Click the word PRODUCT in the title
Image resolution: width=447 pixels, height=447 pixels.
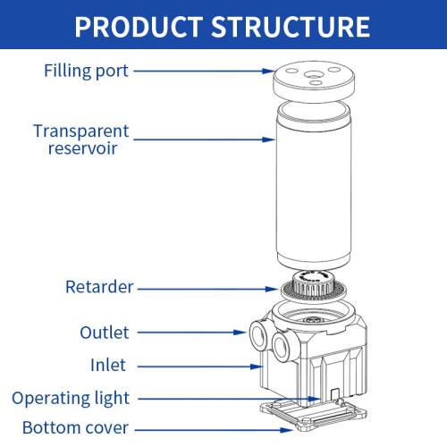139,27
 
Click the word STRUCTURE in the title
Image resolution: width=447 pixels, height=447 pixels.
291,27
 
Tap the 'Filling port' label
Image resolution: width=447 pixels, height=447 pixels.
86,72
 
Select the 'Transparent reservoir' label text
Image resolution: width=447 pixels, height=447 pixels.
81,139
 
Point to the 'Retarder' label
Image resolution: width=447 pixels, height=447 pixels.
99,287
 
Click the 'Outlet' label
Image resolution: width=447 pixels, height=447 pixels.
105,333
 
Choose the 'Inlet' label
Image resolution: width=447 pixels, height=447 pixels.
108,365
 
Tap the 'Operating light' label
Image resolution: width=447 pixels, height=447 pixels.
71,399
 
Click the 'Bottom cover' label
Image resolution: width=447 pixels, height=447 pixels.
75,427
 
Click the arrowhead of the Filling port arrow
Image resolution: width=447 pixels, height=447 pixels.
268,71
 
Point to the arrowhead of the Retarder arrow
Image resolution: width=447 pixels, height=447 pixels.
272,289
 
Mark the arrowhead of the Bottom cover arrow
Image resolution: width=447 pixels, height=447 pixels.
287,430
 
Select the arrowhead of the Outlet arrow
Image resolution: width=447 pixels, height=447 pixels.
240,333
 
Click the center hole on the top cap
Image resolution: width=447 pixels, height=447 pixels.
312,74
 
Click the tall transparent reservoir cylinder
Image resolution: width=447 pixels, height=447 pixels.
314,186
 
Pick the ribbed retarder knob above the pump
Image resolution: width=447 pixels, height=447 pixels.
311,283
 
